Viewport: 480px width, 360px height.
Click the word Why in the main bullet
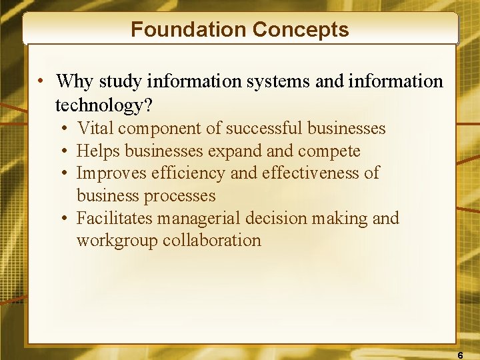75,81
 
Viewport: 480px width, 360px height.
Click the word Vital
95,128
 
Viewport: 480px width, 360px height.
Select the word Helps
99,151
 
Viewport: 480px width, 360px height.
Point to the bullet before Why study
41,82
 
